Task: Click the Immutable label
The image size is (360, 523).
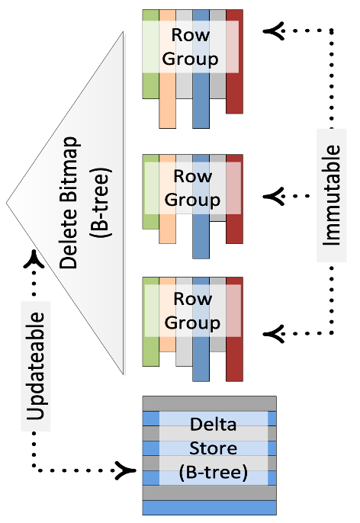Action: (x=331, y=195)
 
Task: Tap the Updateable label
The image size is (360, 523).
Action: (x=35, y=366)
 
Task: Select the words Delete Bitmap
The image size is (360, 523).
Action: (x=69, y=203)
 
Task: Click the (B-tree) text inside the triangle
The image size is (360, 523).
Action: (x=100, y=203)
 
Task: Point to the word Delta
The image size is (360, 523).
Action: (x=214, y=424)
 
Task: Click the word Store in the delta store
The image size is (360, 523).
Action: (x=214, y=448)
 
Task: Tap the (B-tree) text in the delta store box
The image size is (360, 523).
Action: (x=214, y=473)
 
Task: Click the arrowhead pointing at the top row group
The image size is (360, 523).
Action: (x=274, y=31)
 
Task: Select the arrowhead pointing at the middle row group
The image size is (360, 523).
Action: (x=274, y=196)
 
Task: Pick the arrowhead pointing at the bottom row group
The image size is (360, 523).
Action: (x=274, y=334)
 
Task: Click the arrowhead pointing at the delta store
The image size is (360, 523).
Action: (x=125, y=470)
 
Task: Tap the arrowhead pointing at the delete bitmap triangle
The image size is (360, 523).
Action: (x=34, y=259)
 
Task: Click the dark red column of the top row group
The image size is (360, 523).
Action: (x=235, y=62)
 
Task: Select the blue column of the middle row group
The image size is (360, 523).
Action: (x=201, y=207)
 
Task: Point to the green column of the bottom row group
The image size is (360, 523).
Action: (x=151, y=322)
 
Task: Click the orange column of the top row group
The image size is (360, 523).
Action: (x=168, y=69)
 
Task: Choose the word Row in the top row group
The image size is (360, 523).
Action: (x=191, y=35)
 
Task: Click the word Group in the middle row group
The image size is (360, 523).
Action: (x=192, y=200)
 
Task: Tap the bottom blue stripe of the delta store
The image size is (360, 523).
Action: (x=210, y=508)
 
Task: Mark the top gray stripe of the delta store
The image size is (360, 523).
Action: (x=210, y=404)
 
